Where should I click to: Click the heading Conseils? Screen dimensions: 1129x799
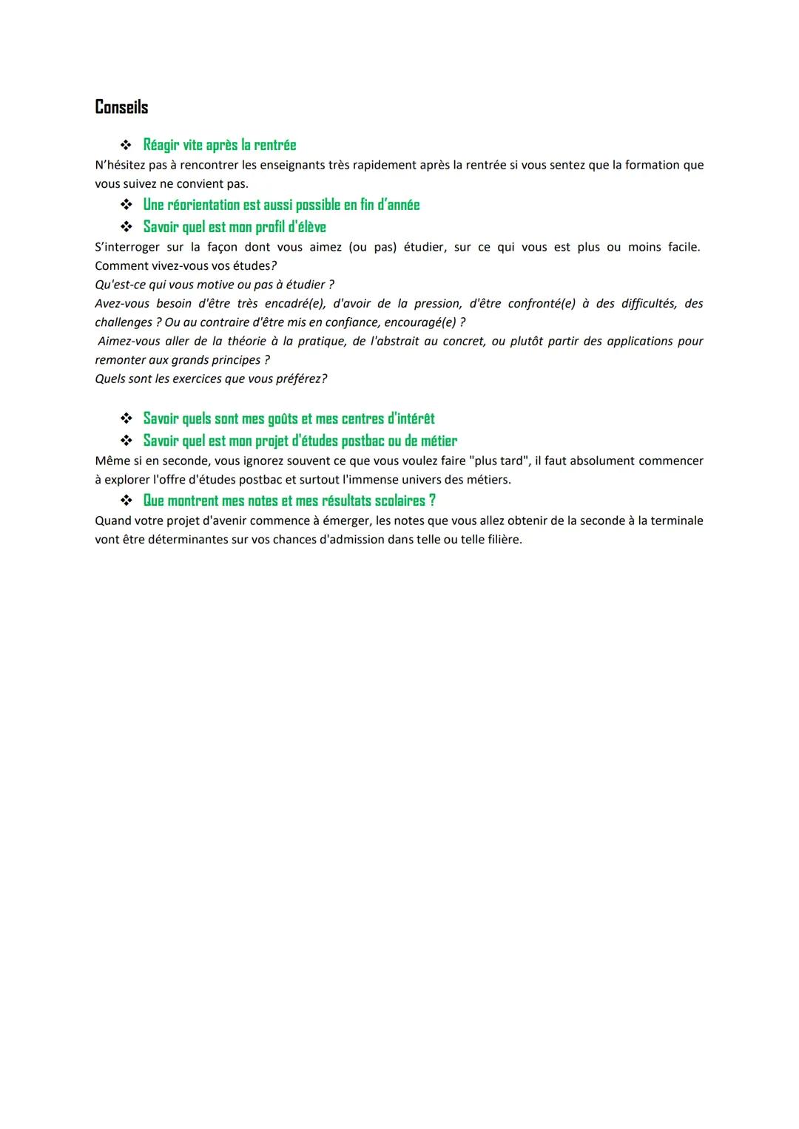(121, 107)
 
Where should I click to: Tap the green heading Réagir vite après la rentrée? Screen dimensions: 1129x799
(219, 145)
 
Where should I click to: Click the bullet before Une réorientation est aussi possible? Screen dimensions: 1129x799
(127, 204)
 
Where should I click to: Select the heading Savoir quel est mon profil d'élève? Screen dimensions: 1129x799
(235, 226)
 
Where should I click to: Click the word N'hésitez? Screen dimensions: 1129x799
(120, 165)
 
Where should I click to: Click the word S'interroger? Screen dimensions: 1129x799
(127, 247)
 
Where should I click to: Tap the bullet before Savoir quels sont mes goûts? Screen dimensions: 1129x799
(127, 418)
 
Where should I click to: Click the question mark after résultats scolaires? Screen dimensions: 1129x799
(432, 501)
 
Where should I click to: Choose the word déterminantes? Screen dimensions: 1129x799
(188, 540)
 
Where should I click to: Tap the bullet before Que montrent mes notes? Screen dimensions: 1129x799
(127, 501)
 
